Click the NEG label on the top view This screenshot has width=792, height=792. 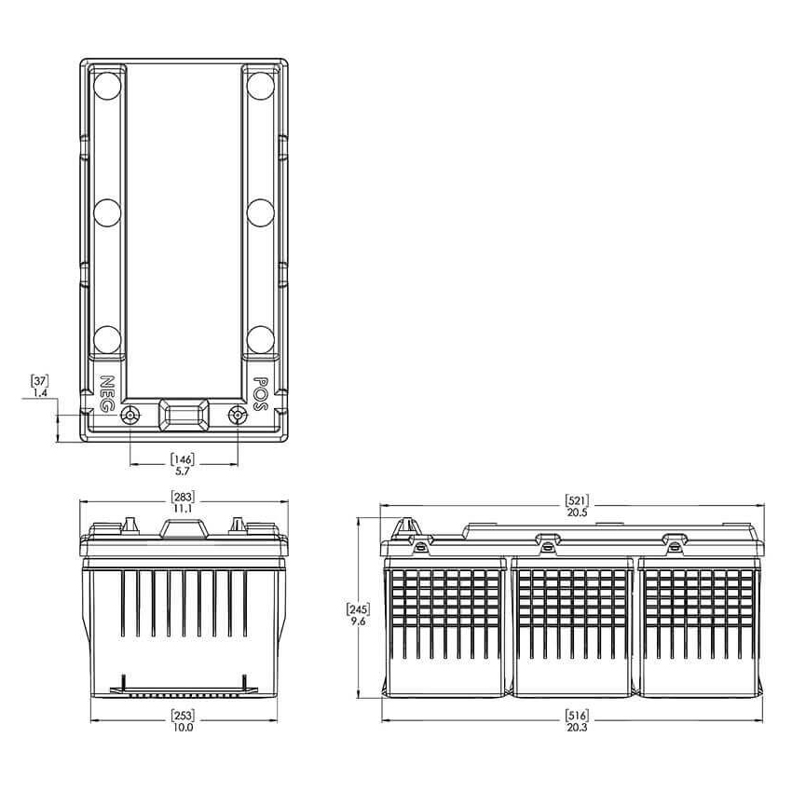pos(106,393)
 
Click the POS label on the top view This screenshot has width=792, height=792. pos(260,393)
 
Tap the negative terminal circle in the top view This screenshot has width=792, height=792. pos(130,416)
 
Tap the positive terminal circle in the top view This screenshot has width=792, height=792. pos(238,416)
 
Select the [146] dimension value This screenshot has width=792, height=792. pos(182,459)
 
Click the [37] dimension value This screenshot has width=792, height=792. pos(39,381)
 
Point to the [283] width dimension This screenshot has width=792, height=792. pos(183,496)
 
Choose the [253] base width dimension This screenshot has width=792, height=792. pos(183,716)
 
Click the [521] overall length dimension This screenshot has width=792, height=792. pos(577,500)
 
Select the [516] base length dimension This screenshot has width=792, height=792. pos(577,716)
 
